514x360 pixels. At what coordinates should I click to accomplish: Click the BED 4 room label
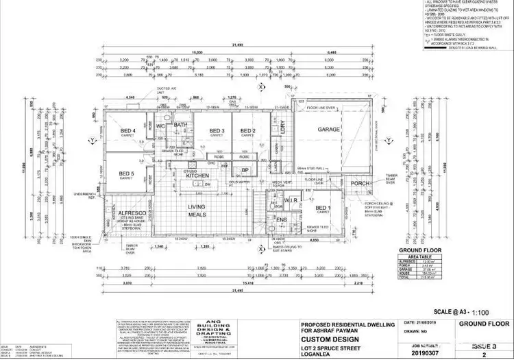(x=128, y=130)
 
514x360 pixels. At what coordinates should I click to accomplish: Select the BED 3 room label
(x=217, y=130)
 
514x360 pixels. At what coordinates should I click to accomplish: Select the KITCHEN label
(x=197, y=176)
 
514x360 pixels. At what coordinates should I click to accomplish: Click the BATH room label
(x=180, y=125)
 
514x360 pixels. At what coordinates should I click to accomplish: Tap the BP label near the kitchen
(x=245, y=170)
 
